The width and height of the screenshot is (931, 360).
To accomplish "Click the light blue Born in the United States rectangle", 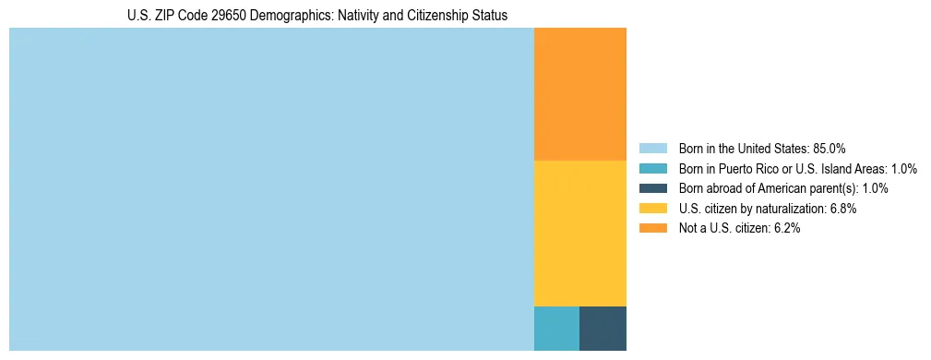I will click(x=271, y=189).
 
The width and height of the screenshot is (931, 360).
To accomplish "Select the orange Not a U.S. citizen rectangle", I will click(x=579, y=94).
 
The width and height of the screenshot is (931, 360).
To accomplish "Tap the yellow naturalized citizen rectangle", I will click(x=579, y=233).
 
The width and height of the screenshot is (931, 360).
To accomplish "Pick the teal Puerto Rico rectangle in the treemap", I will click(x=556, y=328).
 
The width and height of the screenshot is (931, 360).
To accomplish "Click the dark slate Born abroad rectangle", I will click(x=603, y=328).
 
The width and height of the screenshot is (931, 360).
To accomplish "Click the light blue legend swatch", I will click(x=652, y=149).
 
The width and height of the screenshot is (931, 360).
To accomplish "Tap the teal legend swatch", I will click(x=652, y=169).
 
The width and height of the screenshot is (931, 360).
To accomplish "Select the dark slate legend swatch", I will click(x=652, y=188).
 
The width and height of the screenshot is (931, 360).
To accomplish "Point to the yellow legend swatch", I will click(x=652, y=209).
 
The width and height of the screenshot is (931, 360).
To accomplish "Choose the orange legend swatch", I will click(x=652, y=228).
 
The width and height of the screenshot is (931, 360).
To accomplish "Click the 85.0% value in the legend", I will click(x=830, y=149).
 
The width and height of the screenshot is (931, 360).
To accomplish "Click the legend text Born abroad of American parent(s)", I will click(x=768, y=188).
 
